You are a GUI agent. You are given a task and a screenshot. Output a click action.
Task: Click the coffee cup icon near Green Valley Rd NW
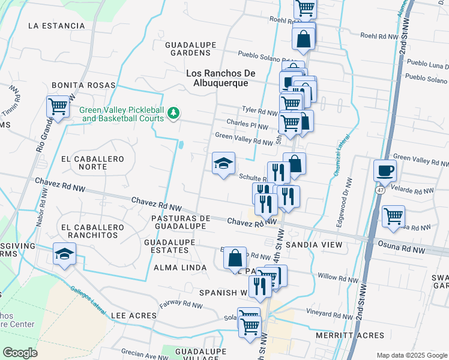(385, 170)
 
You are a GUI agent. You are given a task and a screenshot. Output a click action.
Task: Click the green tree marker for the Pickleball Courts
(173, 113)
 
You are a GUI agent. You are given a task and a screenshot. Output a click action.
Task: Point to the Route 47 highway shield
(381, 190)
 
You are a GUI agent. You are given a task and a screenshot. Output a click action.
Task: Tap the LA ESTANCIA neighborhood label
(56, 26)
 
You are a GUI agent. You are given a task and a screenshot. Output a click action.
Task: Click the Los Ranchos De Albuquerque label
(221, 78)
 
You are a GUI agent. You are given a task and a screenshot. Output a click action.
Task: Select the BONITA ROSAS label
(83, 86)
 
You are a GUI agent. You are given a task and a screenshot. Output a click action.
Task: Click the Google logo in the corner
(20, 353)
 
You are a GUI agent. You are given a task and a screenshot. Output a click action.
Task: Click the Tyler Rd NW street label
(259, 111)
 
